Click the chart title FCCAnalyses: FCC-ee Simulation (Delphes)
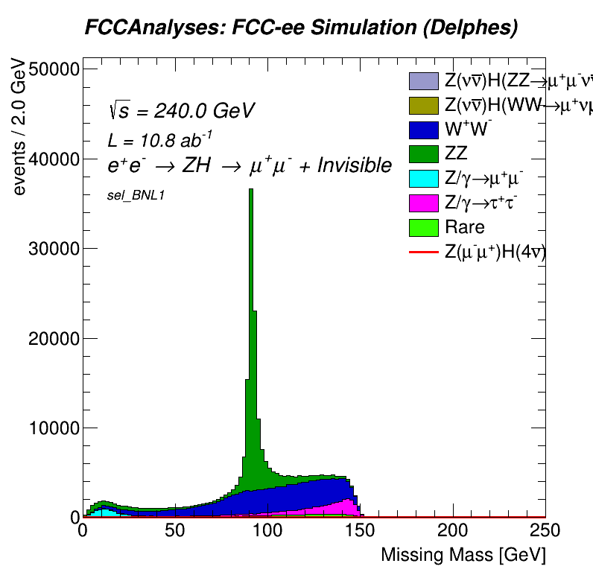click(x=301, y=28)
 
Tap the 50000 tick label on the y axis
click(x=54, y=69)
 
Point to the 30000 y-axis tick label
click(x=54, y=249)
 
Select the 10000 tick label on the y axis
click(x=54, y=428)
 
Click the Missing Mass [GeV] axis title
click(x=463, y=555)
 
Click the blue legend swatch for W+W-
click(x=423, y=130)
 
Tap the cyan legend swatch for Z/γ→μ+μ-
click(x=423, y=179)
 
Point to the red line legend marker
click(x=423, y=252)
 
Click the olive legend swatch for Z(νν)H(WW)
click(x=423, y=105)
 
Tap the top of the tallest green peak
click(x=251, y=190)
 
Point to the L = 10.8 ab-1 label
click(x=160, y=139)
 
